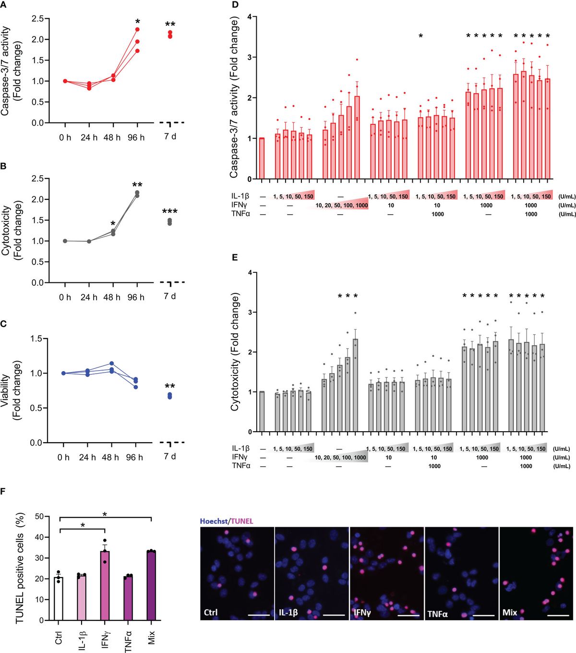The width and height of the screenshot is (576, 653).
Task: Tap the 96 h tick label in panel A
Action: (136, 138)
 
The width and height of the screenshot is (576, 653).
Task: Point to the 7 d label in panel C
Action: (170, 456)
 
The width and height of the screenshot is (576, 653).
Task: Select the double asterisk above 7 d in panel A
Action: (170, 25)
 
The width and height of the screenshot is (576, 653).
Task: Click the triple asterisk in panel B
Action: (170, 212)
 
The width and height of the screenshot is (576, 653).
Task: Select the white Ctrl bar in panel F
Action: (59, 598)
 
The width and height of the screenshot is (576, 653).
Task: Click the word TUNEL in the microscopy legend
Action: (243, 521)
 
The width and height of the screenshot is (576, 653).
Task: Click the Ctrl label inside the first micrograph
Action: (211, 612)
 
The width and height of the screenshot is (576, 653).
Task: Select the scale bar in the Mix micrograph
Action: (558, 614)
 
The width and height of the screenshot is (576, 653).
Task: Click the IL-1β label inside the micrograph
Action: (288, 613)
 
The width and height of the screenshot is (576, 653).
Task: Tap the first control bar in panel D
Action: (262, 158)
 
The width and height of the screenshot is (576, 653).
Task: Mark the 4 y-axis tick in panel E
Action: (249, 273)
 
